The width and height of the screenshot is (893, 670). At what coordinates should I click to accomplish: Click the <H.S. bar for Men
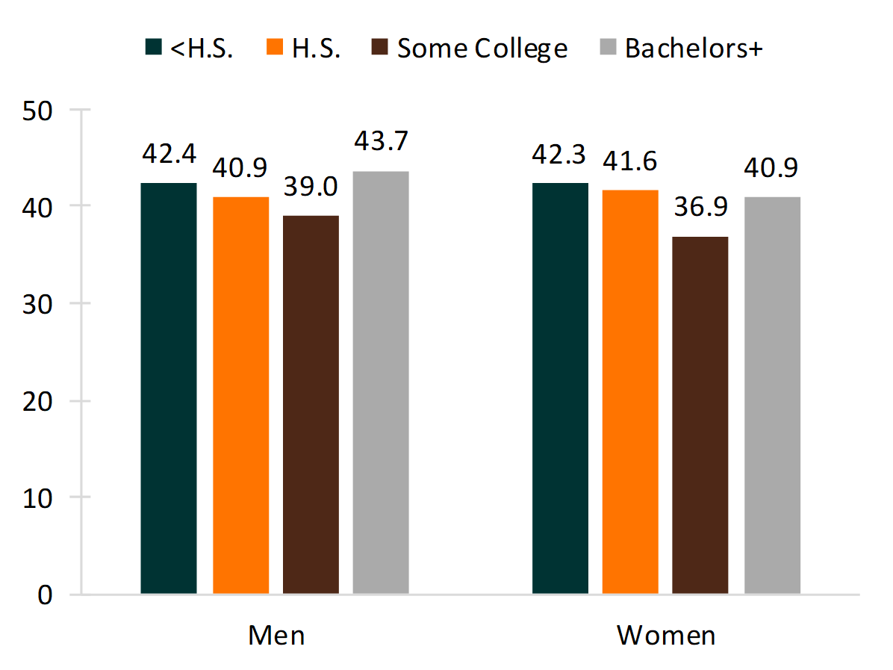coord(169,388)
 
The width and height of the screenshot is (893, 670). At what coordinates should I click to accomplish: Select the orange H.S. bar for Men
coord(240,395)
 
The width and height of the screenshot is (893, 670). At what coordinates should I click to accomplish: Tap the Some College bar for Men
coord(311,404)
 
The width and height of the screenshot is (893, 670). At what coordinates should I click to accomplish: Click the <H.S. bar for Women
coord(560,388)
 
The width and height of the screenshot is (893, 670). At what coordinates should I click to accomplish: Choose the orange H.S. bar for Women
coord(630,392)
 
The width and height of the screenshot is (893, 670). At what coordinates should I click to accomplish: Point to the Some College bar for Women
coord(700,415)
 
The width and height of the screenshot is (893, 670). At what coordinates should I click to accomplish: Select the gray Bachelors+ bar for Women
coord(772,395)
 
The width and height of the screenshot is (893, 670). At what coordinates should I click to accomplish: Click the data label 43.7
coord(381,141)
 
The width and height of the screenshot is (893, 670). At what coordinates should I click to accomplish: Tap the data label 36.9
coord(700,206)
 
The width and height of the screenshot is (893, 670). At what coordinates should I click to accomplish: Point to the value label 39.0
coord(311,185)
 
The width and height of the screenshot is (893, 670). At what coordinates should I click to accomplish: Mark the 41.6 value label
coord(630,160)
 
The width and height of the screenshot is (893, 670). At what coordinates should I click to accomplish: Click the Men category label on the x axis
coord(276,635)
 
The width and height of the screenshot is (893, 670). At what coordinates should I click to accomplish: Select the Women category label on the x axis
coord(666,635)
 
